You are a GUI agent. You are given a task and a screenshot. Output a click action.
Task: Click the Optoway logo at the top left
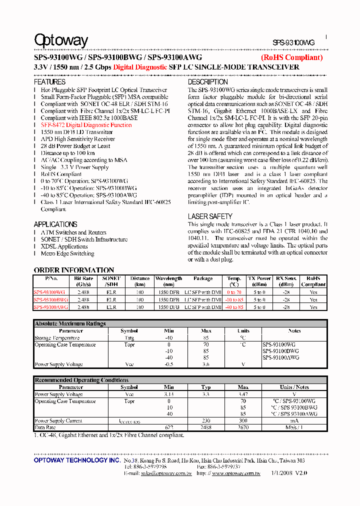pyautogui.click(x=60, y=40)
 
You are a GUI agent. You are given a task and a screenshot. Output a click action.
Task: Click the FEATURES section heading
pyautogui.click(x=49, y=81)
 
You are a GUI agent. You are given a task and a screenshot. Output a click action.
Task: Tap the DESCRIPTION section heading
pyautogui.click(x=207, y=81)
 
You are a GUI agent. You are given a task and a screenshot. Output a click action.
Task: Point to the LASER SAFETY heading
pyautogui.click(x=210, y=216)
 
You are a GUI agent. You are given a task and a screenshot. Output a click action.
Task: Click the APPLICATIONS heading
pyautogui.click(x=55, y=224)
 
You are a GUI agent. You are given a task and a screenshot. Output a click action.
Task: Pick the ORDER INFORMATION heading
pyautogui.click(x=74, y=270)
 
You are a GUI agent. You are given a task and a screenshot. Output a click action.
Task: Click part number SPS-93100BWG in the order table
pyautogui.click(x=50, y=299)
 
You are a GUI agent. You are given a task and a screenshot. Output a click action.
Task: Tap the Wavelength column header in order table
pyautogui.click(x=168, y=281)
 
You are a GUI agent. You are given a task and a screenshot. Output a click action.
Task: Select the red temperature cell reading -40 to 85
pyautogui.click(x=234, y=307)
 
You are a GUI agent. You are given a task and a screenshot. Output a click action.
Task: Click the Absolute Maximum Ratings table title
pyautogui.click(x=70, y=323)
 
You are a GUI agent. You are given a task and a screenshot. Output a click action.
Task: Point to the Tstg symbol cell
pyautogui.click(x=129, y=338)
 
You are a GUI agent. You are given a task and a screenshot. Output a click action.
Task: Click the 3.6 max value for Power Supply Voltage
pyautogui.click(x=206, y=364)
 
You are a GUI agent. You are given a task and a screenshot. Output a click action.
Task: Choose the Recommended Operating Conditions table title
pyautogui.click(x=81, y=380)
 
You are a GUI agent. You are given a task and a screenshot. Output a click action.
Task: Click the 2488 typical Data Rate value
pyautogui.click(x=206, y=427)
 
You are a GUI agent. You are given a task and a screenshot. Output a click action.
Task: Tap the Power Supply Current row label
pyautogui.click(x=58, y=421)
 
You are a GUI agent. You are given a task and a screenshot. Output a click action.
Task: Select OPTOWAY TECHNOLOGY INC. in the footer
pyautogui.click(x=77, y=459)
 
